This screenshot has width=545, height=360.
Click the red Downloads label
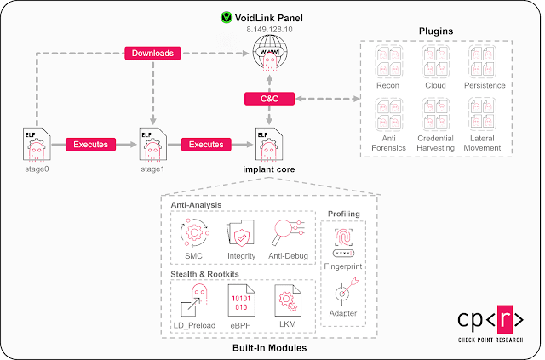(x=152, y=54)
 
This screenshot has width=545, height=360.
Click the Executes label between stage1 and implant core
(x=205, y=144)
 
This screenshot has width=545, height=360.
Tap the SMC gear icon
(x=195, y=234)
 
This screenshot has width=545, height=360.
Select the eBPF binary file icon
(x=241, y=300)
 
